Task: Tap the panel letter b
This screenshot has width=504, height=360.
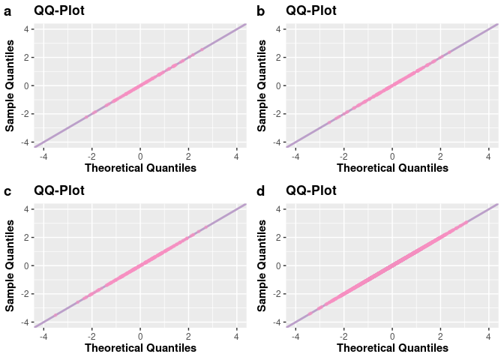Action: point(260,11)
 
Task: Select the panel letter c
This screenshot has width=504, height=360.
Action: point(7,191)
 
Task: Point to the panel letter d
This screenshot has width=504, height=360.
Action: point(260,191)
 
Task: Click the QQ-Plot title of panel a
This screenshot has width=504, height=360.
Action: point(59,10)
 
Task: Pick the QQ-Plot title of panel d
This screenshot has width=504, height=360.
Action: point(311,190)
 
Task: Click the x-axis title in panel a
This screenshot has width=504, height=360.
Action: point(140,168)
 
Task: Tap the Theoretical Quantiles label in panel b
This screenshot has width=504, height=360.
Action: point(392,168)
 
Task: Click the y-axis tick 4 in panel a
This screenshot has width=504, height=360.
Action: point(25,28)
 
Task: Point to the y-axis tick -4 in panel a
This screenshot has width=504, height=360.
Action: point(23,142)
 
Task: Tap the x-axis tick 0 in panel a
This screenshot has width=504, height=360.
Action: point(140,154)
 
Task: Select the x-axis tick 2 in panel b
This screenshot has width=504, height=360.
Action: point(440,154)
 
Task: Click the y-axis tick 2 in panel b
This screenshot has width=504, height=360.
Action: point(277,57)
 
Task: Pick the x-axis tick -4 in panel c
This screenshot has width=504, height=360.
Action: point(42,334)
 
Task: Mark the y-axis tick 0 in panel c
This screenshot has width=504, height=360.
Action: point(25,265)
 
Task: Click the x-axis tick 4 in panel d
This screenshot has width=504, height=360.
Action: point(489,334)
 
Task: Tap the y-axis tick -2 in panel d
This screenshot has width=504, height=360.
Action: point(275,294)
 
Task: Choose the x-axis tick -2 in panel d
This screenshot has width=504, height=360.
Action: point(342,334)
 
